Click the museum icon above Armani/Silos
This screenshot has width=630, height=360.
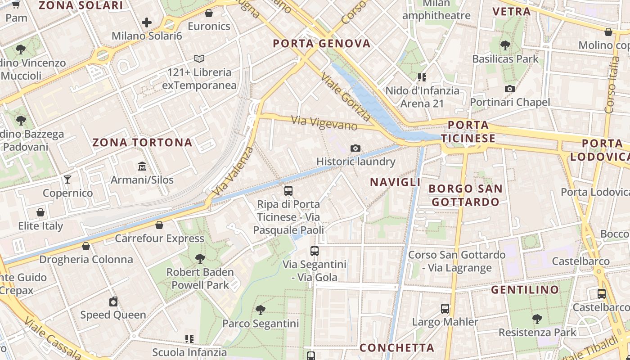point(142,166)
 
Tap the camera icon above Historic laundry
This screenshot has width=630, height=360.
point(355,148)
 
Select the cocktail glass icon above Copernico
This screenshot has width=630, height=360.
point(67,180)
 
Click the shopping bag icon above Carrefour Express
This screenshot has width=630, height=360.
point(159,225)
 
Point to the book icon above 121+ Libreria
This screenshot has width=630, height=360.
point(199,58)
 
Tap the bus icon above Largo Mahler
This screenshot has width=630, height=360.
point(445,309)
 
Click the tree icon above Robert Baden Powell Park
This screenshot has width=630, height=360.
point(200,258)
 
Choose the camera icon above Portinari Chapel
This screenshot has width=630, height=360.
point(510,89)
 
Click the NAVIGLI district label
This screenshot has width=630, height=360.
point(395,182)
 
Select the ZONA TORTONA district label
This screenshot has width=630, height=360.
point(142,143)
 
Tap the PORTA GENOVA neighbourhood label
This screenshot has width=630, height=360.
point(322,44)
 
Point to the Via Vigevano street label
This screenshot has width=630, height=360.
point(324,123)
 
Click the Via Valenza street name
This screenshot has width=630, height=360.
point(232,171)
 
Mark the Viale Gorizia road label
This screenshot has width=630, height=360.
point(346,98)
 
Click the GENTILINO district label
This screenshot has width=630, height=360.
point(525,289)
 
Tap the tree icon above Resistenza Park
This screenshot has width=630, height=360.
point(537,319)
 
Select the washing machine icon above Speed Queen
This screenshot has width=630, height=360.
point(113,301)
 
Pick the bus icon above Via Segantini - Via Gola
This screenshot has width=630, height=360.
point(315,251)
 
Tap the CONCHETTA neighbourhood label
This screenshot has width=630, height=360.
point(397,348)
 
